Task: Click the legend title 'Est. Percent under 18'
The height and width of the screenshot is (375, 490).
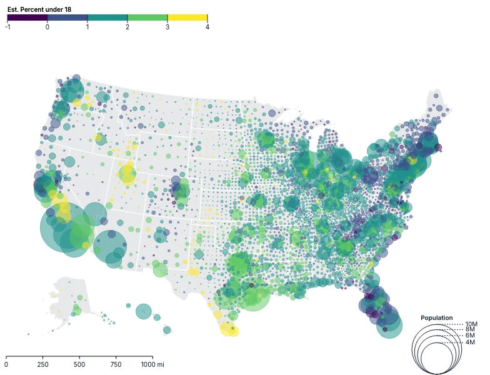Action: click(x=38, y=9)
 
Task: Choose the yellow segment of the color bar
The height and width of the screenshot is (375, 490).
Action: click(x=187, y=18)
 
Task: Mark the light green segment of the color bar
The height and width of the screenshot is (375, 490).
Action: click(x=147, y=18)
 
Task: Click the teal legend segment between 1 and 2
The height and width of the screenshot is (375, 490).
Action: click(x=107, y=18)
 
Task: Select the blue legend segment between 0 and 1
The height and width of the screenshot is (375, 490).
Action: click(x=67, y=18)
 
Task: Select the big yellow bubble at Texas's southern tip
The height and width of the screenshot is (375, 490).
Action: click(x=229, y=329)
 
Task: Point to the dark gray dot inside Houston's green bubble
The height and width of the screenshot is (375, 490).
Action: click(x=251, y=285)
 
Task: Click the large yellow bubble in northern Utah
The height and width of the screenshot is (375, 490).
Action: click(x=127, y=175)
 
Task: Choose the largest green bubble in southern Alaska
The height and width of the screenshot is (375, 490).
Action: click(x=76, y=309)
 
